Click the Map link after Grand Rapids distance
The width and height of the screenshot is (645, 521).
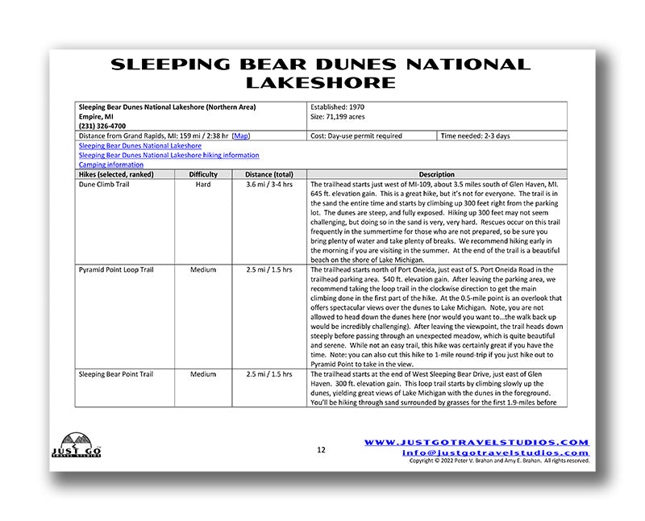coord(241,136)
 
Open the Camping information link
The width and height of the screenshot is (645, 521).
coord(110,165)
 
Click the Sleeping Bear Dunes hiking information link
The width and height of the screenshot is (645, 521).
coord(169,155)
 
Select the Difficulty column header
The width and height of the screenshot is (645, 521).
coord(203,174)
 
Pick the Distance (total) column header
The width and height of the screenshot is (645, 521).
coord(268,174)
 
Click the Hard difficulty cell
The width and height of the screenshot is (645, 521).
coord(203,185)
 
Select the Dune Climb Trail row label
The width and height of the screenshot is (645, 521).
coord(106,185)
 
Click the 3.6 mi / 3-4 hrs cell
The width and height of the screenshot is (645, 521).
coord(268,185)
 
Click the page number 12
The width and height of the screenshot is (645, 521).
coord(321,449)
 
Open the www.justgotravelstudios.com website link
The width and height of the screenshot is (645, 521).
coord(476,442)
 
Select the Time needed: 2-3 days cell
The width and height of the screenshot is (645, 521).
coord(476,136)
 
